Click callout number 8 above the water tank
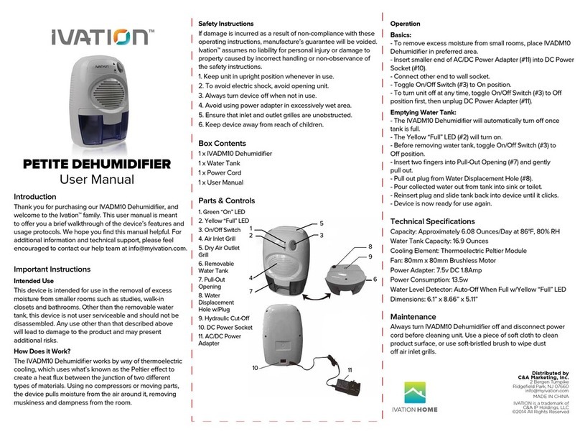(370, 247)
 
